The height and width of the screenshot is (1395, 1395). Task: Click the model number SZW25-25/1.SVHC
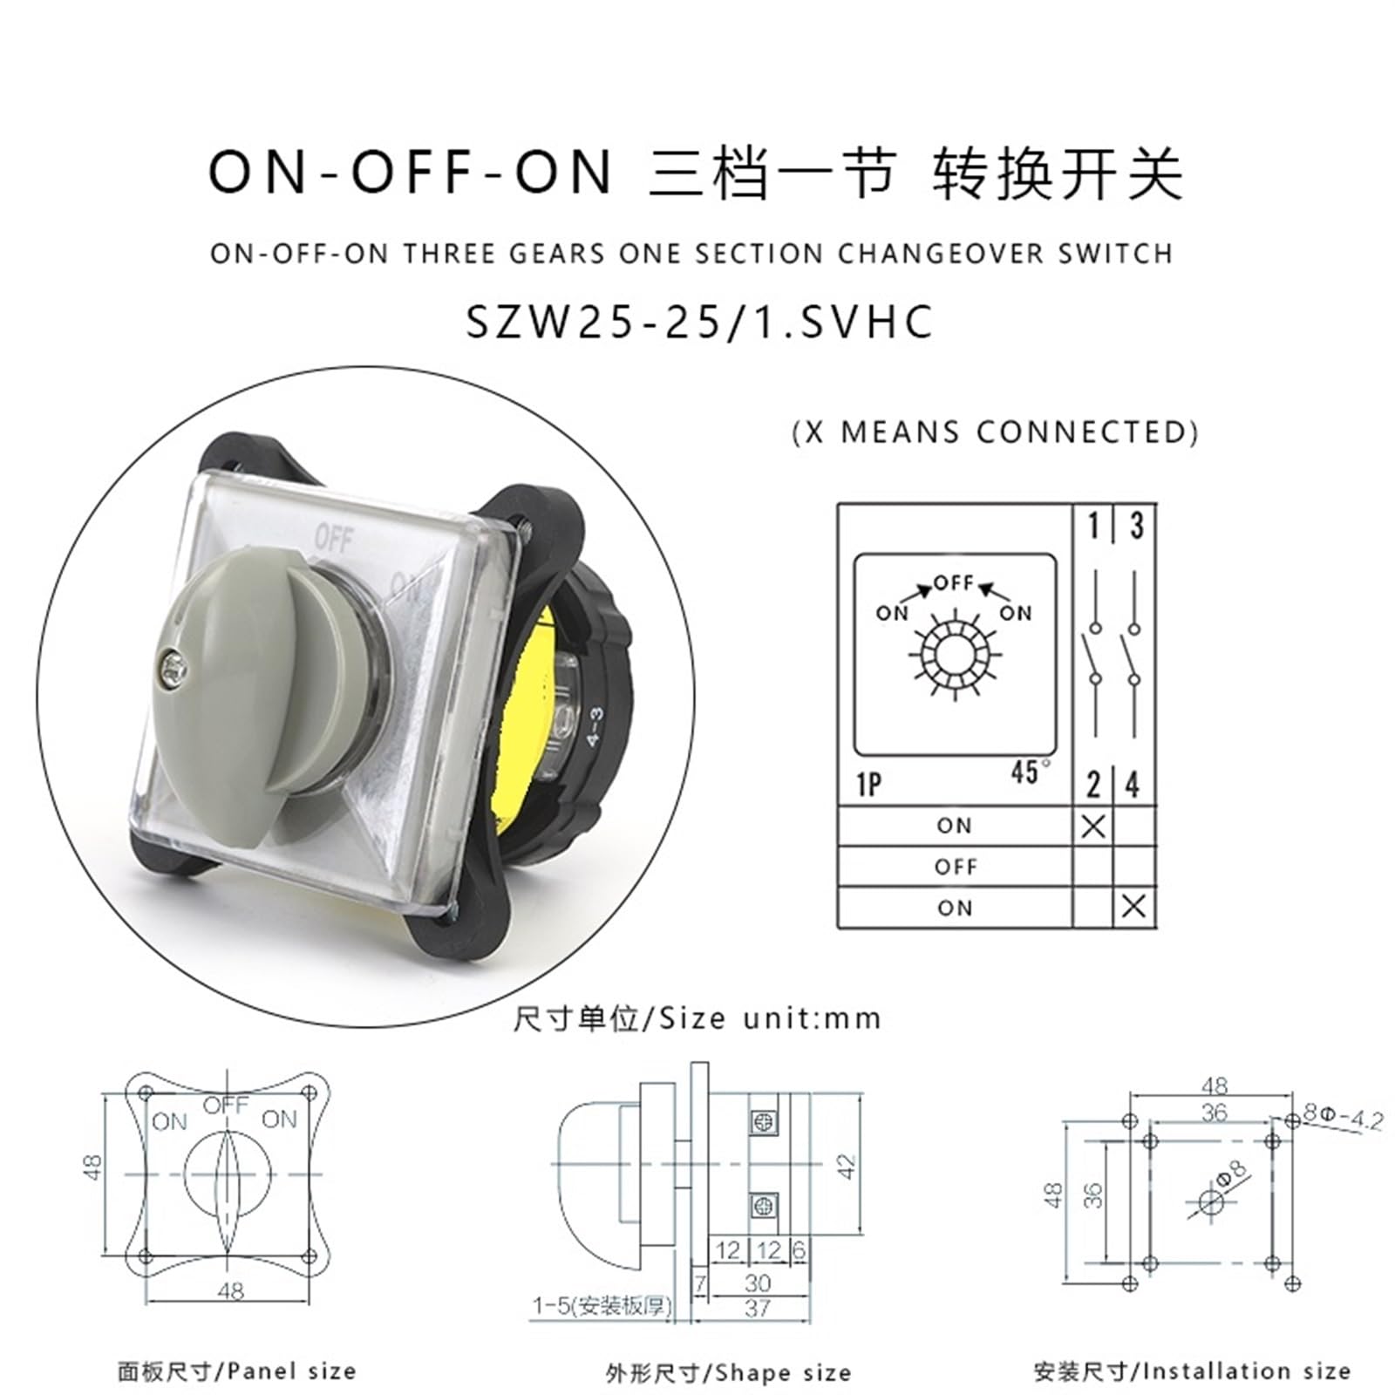point(699,321)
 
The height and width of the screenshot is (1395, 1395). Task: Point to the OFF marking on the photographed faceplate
point(333,539)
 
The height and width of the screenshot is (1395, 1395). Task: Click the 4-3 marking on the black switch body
point(595,726)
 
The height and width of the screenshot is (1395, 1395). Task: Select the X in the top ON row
point(1092,825)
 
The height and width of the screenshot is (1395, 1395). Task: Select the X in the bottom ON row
point(1133,907)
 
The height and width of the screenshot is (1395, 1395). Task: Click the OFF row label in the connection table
point(956,867)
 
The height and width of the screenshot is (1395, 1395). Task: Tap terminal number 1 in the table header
point(1093,526)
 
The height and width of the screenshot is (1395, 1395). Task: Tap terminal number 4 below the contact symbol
point(1133,785)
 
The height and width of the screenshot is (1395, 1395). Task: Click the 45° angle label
point(1030,772)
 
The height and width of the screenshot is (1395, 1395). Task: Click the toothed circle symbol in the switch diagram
point(954,654)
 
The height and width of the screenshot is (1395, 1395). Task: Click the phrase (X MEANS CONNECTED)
point(995,432)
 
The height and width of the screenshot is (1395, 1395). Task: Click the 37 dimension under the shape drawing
point(758,1308)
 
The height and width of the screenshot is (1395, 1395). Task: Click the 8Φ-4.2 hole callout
point(1344,1116)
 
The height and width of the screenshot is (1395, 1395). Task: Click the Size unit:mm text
point(697,1017)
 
